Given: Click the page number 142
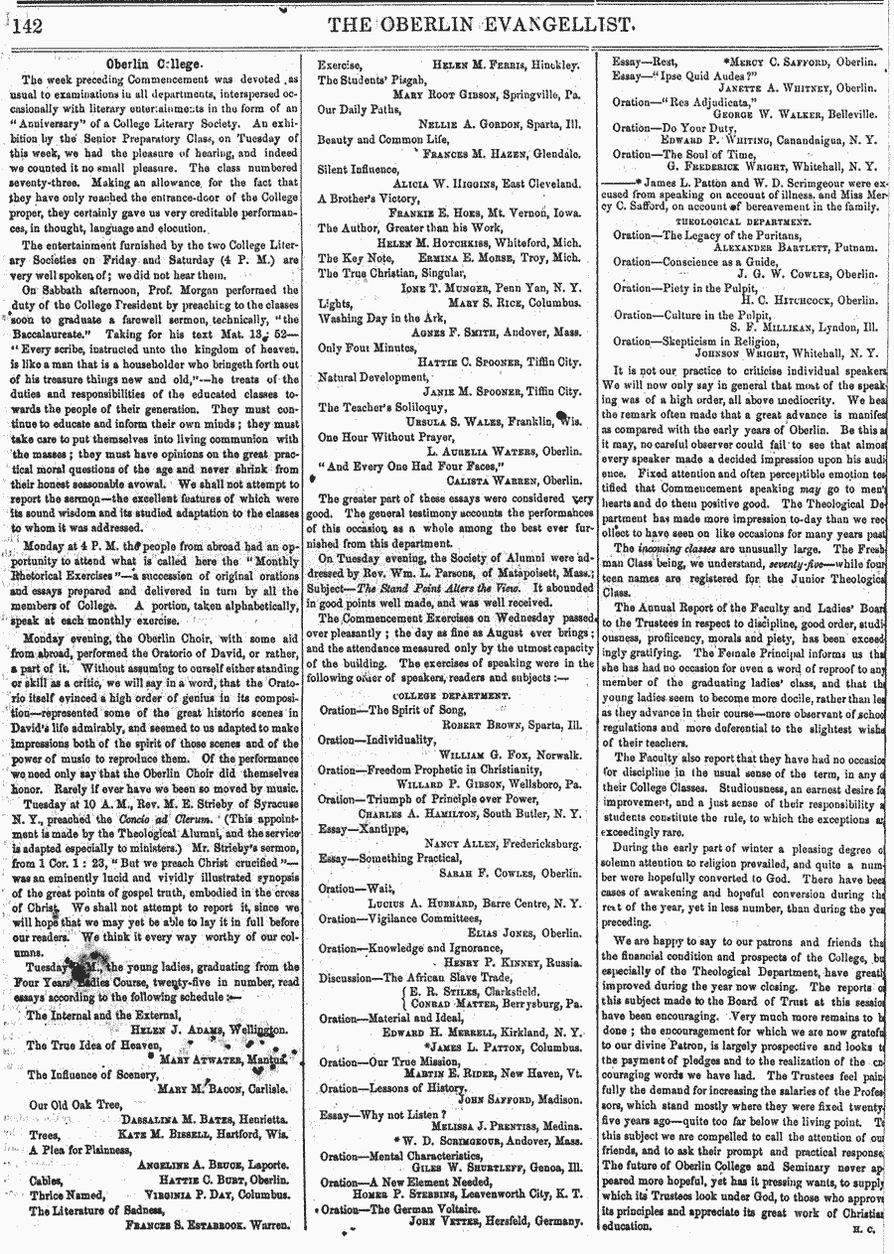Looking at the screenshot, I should point(30,27).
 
